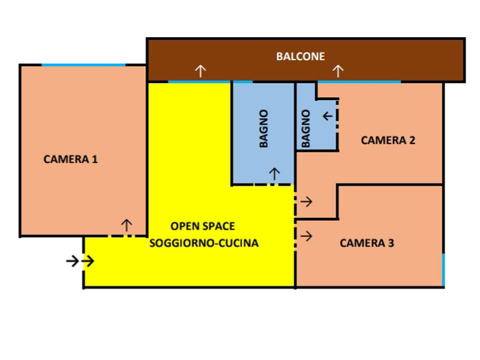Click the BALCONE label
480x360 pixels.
tap(301, 56)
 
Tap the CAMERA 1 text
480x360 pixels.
tap(70, 159)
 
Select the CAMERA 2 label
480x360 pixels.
tap(388, 140)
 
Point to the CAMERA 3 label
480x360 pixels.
tap(367, 243)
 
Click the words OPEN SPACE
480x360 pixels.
tap(203, 226)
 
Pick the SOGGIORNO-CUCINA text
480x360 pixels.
tap(204, 243)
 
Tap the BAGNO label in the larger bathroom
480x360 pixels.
tap(263, 128)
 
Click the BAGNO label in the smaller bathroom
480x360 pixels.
tap(306, 128)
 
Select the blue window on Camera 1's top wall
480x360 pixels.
tap(83, 65)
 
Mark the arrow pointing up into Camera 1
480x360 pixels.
tap(127, 225)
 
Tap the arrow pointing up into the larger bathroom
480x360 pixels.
tap(274, 174)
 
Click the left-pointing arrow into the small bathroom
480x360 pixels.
tap(328, 116)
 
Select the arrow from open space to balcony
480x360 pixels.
tap(200, 71)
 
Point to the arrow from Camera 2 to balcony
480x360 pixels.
tap(338, 71)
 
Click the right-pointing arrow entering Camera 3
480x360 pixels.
tap(307, 236)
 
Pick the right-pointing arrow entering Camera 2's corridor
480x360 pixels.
tap(307, 202)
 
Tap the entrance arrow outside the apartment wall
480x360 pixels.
tap(73, 261)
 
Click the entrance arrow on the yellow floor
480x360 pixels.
tap(88, 261)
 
